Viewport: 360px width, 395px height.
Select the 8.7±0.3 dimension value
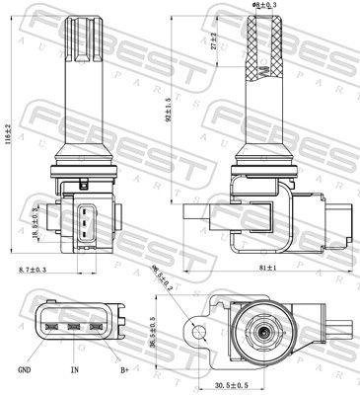click(33, 269)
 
